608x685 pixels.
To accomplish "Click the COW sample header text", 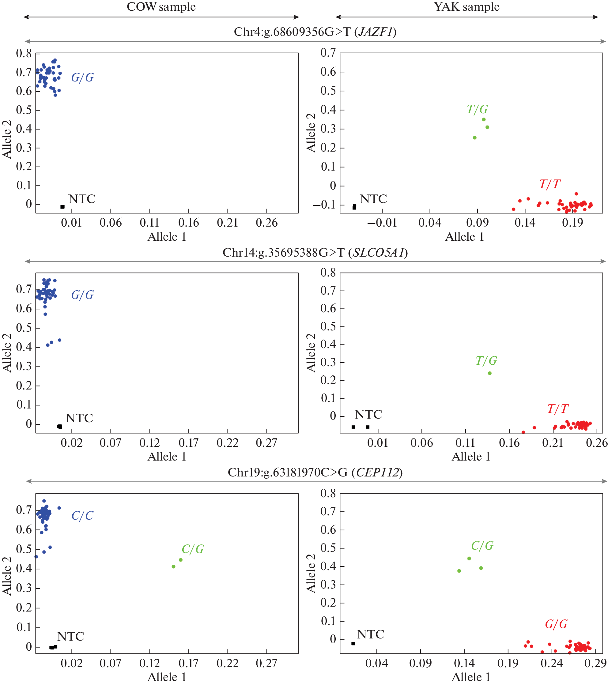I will click(161, 7).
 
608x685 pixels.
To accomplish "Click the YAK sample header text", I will click(466, 7).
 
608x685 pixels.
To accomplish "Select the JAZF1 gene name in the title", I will click(376, 32).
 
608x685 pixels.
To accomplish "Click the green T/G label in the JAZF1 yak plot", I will click(477, 109).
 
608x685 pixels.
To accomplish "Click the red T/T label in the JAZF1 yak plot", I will click(550, 184).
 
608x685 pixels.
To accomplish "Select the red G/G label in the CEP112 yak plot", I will click(556, 624).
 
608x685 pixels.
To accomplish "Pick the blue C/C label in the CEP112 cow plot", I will click(82, 516).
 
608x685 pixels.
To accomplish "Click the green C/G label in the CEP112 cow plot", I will click(193, 549).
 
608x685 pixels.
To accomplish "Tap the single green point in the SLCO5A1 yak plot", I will click(490, 373).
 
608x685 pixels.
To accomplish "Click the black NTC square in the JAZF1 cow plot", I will click(62, 207).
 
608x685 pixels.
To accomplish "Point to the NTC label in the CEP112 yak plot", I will click(371, 634).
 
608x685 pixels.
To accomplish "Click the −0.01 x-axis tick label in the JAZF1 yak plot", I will click(382, 223).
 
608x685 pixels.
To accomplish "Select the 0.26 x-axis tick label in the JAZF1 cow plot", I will click(267, 223).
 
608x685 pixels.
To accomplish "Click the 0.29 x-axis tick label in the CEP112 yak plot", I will click(596, 663).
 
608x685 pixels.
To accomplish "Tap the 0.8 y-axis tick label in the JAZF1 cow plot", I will click(24, 53).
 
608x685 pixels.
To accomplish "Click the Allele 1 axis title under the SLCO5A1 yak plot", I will click(471, 457).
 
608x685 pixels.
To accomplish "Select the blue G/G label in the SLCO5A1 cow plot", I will click(82, 295).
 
